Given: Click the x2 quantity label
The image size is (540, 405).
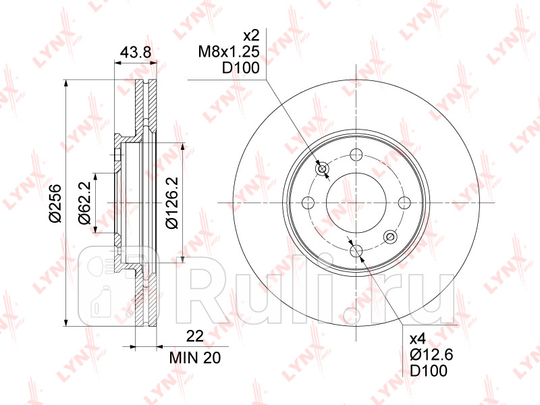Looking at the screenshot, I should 251,34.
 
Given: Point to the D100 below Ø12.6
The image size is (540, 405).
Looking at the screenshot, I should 429,371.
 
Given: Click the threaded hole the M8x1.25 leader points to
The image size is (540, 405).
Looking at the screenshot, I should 323,168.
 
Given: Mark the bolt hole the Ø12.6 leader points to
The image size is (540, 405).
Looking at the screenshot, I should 356,252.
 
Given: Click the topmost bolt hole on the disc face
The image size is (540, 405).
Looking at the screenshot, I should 356,153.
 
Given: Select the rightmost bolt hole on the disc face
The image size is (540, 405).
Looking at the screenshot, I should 406,202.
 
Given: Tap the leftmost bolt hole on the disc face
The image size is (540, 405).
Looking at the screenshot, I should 308,202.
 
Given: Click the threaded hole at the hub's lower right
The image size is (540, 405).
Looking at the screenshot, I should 389,236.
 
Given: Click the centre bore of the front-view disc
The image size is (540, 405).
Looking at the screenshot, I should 356,202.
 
